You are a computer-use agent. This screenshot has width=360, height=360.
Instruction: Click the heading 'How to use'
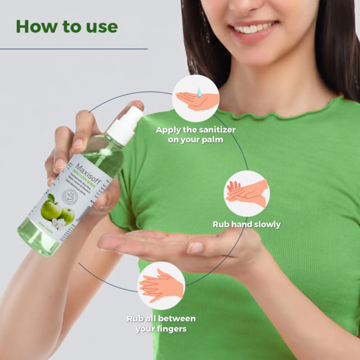pyautogui.click(x=67, y=27)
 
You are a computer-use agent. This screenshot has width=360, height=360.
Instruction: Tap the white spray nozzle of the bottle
pyautogui.click(x=126, y=126)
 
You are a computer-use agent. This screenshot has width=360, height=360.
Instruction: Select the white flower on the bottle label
pyautogui.click(x=60, y=223)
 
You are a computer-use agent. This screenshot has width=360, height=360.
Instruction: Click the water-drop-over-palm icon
pyautogui.click(x=196, y=98)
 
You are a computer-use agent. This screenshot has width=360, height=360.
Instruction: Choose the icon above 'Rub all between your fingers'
pyautogui.click(x=160, y=285)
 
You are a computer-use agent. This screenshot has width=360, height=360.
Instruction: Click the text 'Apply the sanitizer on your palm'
pyautogui.click(x=195, y=134)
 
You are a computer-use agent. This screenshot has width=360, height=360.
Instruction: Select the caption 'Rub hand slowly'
pyautogui.click(x=246, y=224)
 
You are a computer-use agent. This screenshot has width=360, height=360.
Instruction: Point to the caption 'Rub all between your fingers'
pyautogui.click(x=161, y=323)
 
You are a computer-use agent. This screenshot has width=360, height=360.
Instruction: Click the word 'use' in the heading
pyautogui.click(x=100, y=27)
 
